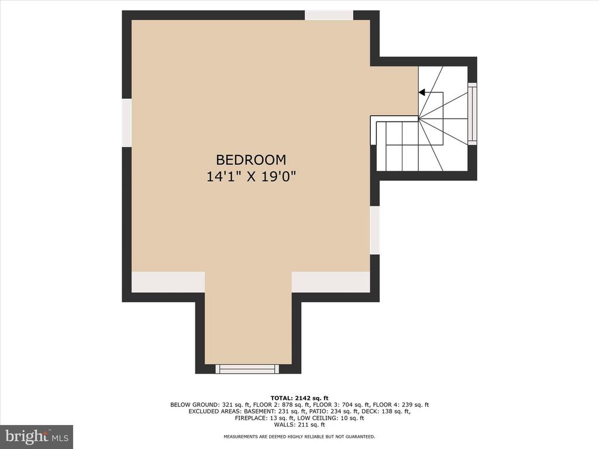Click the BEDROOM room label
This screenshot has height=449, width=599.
click(x=251, y=160)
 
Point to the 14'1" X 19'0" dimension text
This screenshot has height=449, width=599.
click(x=252, y=177)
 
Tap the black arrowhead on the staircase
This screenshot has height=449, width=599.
click(x=422, y=92)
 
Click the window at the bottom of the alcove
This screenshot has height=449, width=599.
click(x=247, y=368)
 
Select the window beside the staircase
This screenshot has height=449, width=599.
click(x=473, y=114)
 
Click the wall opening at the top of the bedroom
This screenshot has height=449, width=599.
click(x=329, y=15)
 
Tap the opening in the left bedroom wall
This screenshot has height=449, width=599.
click(x=127, y=122)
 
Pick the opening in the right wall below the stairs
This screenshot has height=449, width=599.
click(x=375, y=230)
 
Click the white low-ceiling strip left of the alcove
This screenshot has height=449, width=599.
click(x=168, y=282)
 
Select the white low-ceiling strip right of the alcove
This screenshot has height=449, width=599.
click(x=331, y=282)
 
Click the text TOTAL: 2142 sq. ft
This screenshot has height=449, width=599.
click(x=299, y=398)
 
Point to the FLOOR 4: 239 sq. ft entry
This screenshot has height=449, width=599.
click(x=401, y=405)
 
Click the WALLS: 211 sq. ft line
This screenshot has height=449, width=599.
click(x=299, y=424)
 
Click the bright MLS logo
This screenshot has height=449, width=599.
click(x=37, y=436)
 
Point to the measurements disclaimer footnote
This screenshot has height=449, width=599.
click(x=299, y=436)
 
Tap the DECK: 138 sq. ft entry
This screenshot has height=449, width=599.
click(x=386, y=412)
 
